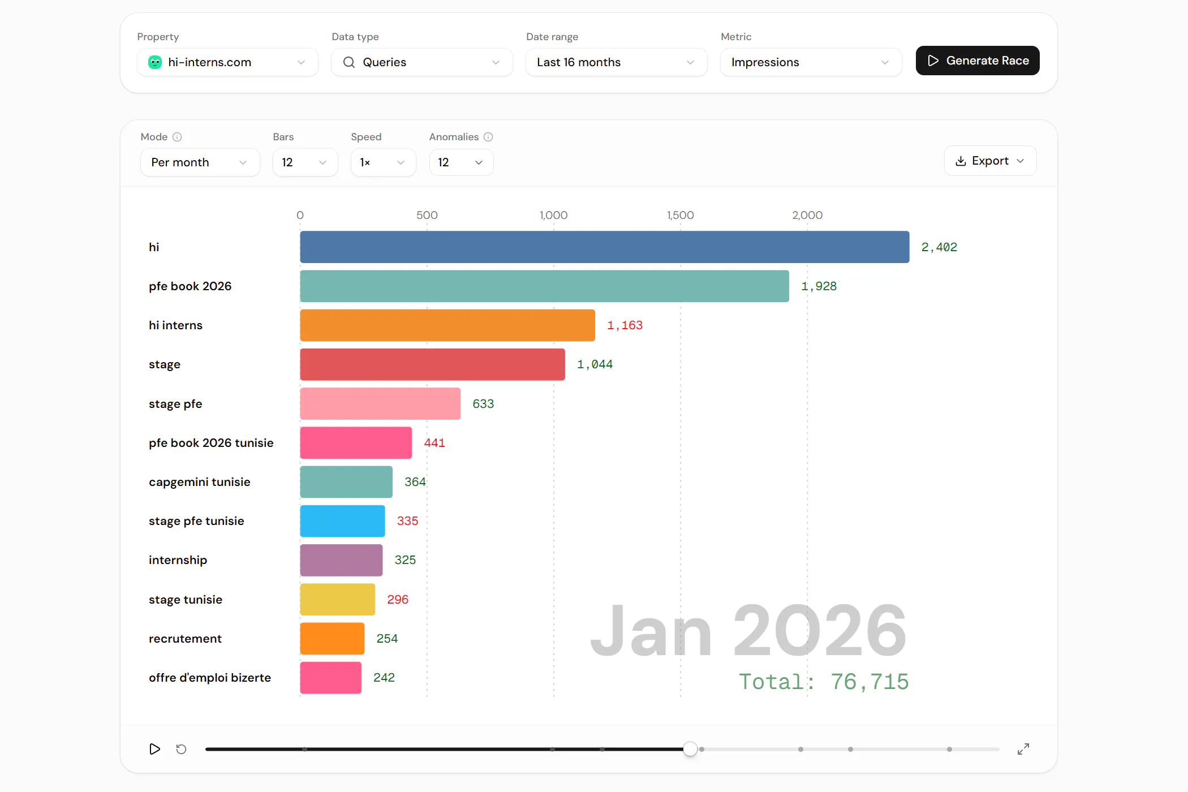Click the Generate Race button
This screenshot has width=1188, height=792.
(x=977, y=61)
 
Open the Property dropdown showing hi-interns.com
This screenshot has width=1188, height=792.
(x=227, y=62)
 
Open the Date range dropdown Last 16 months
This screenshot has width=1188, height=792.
(x=616, y=62)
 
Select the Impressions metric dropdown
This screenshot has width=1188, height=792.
(x=811, y=62)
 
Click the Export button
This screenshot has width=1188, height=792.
(x=990, y=161)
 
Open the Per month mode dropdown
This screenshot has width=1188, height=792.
(x=200, y=162)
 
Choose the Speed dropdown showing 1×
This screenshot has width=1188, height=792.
(x=383, y=162)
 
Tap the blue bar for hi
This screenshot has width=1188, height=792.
(x=604, y=247)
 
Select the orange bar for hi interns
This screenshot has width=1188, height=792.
(x=447, y=325)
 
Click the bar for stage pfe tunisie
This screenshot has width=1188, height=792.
(x=342, y=521)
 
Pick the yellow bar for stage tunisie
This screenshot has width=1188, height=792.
(x=337, y=599)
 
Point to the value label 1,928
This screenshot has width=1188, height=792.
(x=819, y=286)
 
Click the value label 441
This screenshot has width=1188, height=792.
(x=434, y=443)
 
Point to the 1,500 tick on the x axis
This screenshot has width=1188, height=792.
(x=680, y=215)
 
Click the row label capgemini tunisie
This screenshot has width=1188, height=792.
(x=199, y=482)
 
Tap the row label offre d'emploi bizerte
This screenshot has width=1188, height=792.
(x=210, y=678)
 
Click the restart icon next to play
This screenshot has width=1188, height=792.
(x=181, y=749)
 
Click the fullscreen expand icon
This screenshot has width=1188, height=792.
(x=1023, y=749)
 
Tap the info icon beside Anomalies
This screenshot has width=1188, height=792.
(x=488, y=137)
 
